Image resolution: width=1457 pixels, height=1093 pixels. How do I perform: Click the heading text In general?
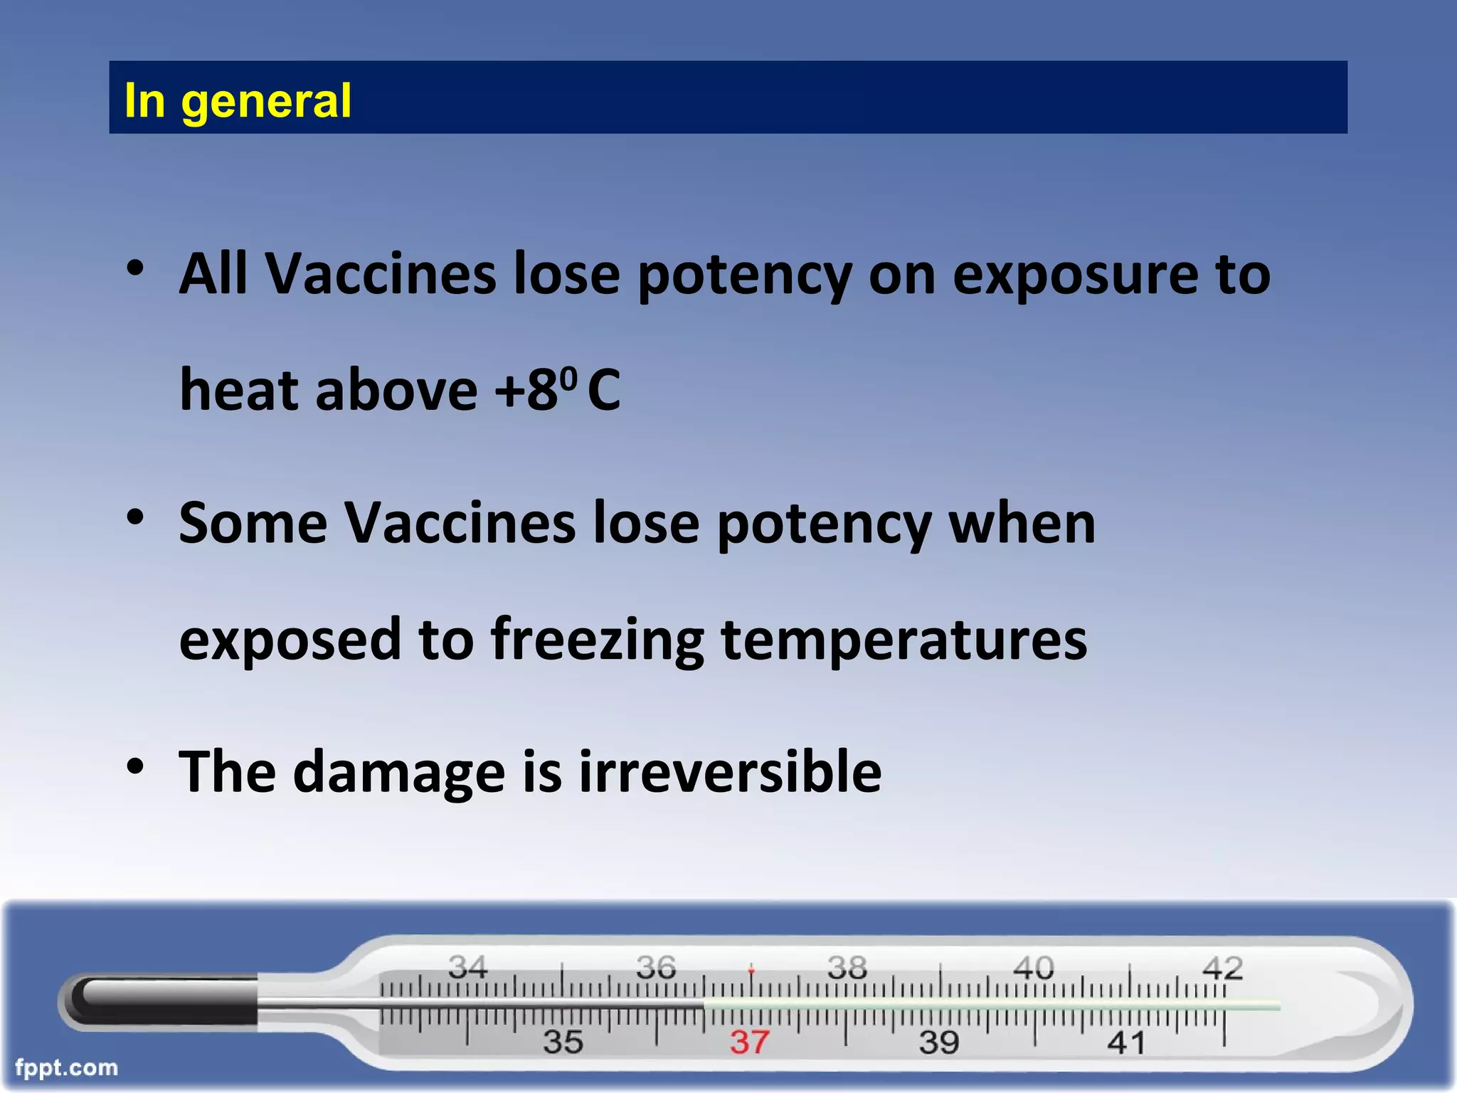coord(237,100)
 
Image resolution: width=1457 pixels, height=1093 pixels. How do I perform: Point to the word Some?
coord(253,523)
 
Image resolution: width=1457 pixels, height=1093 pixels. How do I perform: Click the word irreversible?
coord(730,772)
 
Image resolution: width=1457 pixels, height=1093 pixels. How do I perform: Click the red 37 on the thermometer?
coord(749,1042)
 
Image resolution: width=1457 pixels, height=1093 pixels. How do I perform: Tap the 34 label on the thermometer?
coord(467,966)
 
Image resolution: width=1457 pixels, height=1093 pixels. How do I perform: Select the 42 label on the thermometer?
coord(1222,968)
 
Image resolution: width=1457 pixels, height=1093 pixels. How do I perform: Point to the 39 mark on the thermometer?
coord(939,1042)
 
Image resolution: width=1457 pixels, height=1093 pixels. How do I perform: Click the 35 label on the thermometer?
coord(563,1042)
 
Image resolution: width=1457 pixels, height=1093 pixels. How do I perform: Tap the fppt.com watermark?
coord(66,1067)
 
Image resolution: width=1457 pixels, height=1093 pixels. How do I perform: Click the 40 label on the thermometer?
coord(1033,967)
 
